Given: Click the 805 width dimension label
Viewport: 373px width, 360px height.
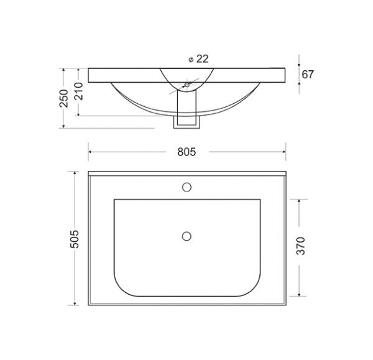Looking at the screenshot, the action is [186, 152].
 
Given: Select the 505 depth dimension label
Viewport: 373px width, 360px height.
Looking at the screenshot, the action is [74, 239].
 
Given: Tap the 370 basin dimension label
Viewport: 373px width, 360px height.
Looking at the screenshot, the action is [301, 246].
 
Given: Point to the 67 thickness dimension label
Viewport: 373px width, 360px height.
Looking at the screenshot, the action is [308, 75].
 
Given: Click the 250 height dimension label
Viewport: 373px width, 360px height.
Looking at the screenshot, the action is [64, 98].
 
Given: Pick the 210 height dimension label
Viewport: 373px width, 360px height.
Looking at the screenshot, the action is [79, 91].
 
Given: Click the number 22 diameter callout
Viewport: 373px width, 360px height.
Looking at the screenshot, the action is [203, 59].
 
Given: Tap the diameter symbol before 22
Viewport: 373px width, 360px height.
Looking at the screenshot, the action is [191, 60].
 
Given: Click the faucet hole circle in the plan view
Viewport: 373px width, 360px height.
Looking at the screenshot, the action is [186, 187].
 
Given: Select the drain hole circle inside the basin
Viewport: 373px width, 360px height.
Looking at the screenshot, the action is [186, 236].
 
